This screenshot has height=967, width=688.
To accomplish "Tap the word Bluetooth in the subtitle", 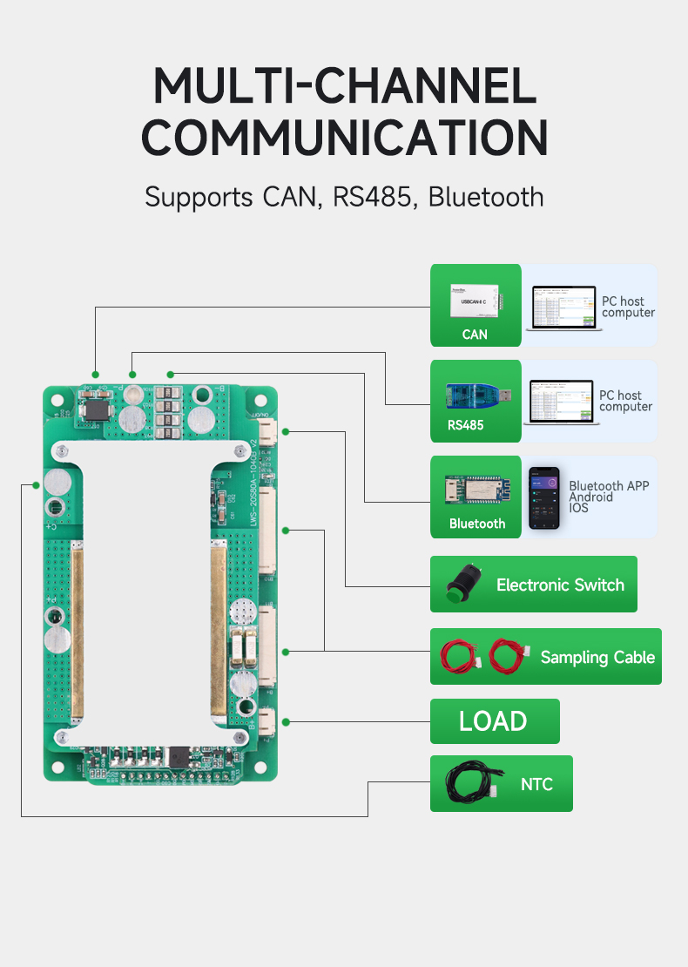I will click(x=486, y=196).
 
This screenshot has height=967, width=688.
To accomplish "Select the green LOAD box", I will click(x=495, y=721).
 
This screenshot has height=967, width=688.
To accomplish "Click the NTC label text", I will click(x=536, y=784).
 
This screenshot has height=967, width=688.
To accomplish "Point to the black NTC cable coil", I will click(x=470, y=784).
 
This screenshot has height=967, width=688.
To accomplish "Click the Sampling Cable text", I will click(x=597, y=657).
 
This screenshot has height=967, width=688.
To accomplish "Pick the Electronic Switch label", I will click(x=560, y=585).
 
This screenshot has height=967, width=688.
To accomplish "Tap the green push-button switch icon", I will click(x=455, y=585).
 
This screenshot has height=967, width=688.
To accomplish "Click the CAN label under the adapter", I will click(x=475, y=335).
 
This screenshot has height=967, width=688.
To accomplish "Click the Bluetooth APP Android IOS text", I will click(x=608, y=497).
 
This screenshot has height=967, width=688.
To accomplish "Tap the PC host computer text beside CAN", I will click(x=628, y=307).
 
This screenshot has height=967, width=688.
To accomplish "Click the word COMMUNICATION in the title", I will click(x=344, y=138).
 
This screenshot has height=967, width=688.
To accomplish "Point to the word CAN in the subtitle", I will click(x=293, y=196).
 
